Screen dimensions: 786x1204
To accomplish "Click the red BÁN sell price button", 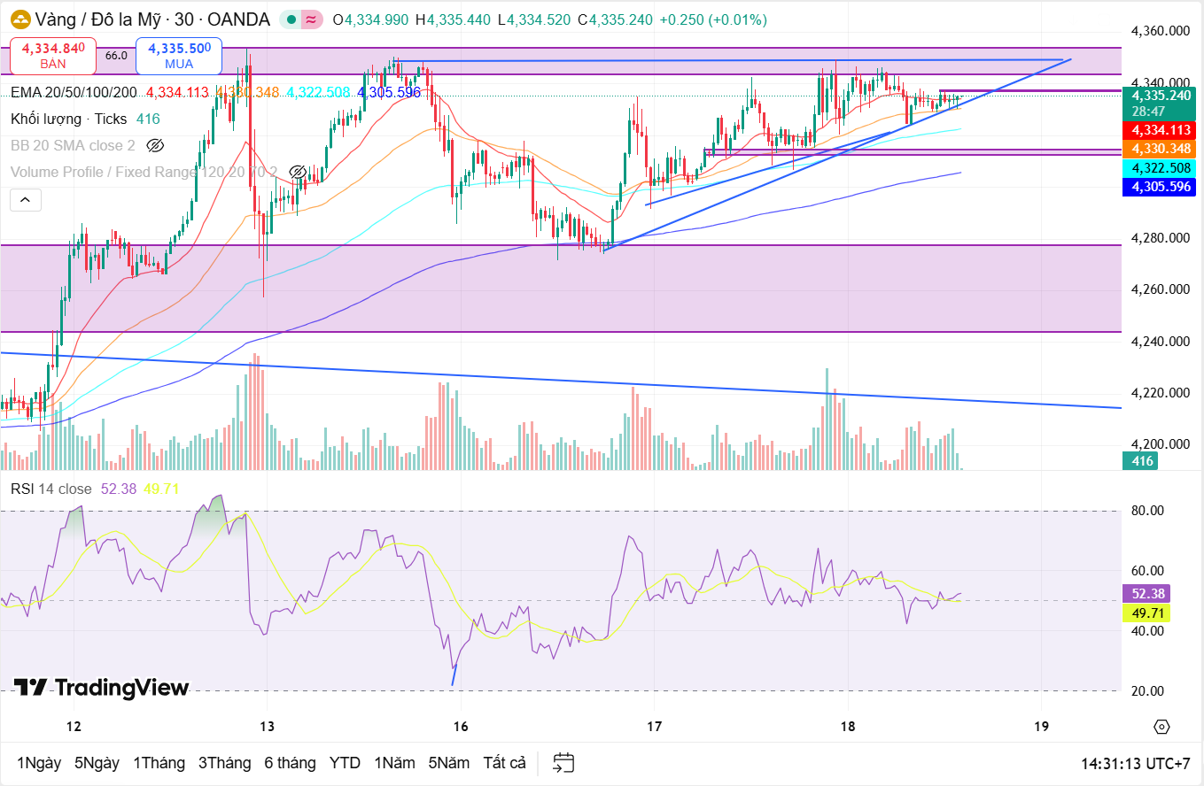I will (53, 56).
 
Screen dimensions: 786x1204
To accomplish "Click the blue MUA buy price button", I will (179, 56).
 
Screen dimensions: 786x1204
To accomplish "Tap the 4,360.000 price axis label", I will (1161, 31).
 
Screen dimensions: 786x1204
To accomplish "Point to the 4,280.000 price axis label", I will (1161, 238).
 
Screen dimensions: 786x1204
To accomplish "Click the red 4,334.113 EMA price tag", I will (1157, 130).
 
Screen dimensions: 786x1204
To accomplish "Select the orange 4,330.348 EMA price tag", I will (1157, 149).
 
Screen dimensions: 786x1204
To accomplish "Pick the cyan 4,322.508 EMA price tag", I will (1157, 168).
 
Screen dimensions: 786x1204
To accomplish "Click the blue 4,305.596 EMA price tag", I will (1157, 187).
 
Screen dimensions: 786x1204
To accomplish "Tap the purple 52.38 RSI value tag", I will (1146, 594).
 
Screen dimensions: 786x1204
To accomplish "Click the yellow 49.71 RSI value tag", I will (1146, 613).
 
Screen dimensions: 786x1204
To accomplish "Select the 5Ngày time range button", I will (97, 762).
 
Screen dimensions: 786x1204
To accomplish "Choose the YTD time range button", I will (345, 762).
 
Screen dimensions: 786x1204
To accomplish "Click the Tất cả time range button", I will (504, 762).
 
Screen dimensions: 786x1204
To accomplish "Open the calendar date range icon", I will (563, 762).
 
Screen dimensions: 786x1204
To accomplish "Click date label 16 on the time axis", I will (460, 727).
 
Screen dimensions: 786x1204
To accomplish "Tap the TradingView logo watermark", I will (101, 688).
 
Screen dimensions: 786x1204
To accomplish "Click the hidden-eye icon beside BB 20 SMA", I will (155, 145).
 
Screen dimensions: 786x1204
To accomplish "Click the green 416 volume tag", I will (1143, 461).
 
